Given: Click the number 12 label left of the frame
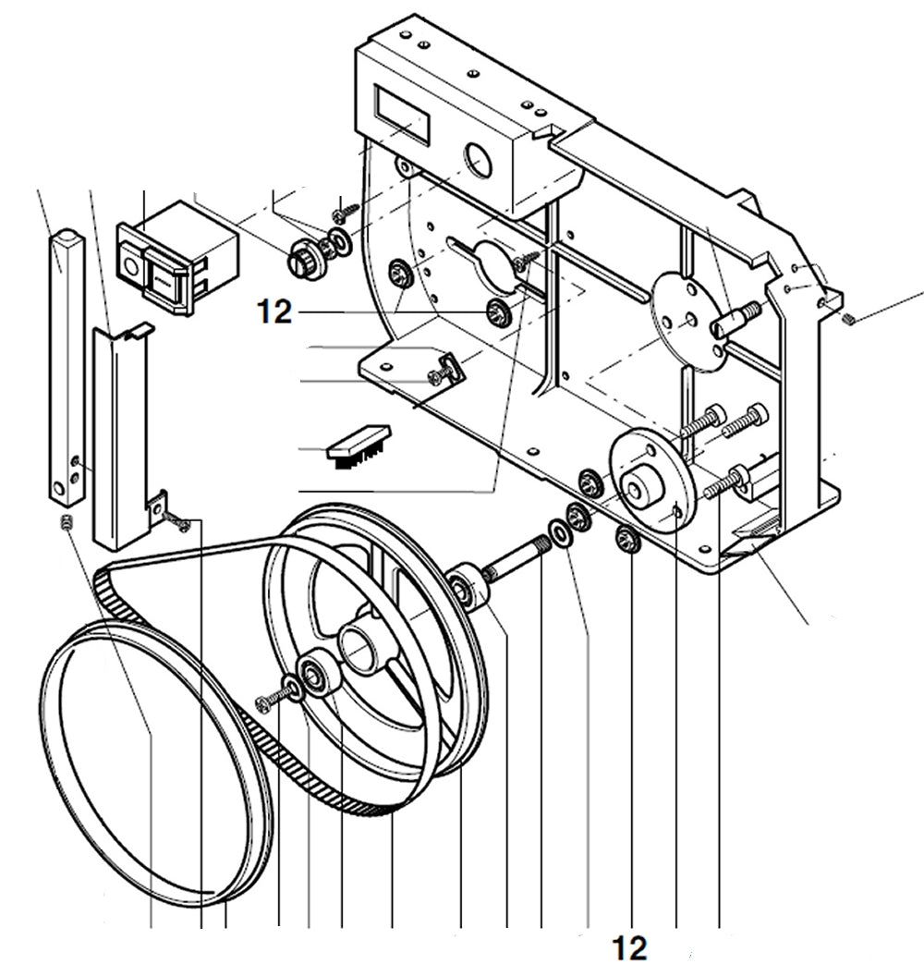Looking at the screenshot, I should (274, 313).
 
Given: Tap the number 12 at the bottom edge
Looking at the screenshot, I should (628, 947).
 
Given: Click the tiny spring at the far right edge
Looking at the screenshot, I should (850, 320).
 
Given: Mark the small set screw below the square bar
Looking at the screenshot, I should (66, 524).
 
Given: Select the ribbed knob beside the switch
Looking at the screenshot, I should (303, 255).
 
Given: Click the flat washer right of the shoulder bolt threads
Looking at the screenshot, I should (560, 532).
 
